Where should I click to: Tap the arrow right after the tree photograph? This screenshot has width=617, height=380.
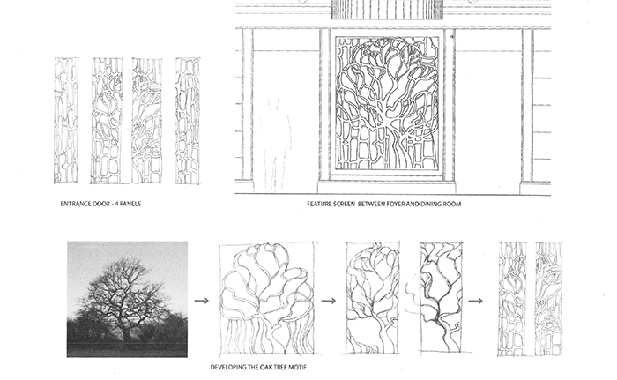(202, 301)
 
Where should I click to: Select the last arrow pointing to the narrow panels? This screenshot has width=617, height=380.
(475, 301)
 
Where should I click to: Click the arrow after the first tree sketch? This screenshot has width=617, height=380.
(329, 301)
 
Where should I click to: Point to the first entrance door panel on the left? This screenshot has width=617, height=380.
(66, 121)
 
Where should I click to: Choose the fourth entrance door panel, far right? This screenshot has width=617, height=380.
(188, 121)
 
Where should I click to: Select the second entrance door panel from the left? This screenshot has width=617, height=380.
(106, 121)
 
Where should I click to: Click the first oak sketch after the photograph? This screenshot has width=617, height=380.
(267, 299)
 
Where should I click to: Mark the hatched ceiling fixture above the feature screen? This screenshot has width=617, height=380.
(388, 10)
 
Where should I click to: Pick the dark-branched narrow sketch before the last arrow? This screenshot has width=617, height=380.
(441, 297)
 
